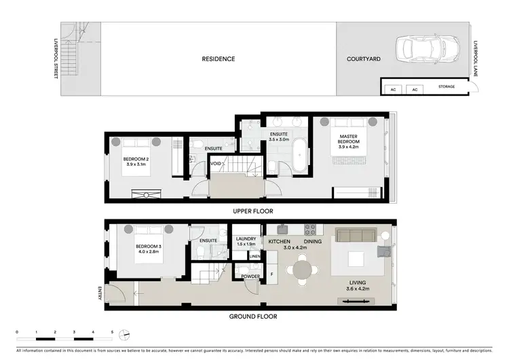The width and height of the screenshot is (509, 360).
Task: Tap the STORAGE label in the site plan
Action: point(447,86)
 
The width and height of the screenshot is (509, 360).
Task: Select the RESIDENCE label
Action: point(218,59)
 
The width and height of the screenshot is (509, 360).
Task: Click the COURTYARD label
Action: point(364,59)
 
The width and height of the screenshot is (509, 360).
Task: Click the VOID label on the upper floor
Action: point(215,164)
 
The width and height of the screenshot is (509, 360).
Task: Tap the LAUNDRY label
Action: point(245,238)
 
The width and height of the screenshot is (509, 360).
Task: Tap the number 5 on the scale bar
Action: point(113,331)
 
